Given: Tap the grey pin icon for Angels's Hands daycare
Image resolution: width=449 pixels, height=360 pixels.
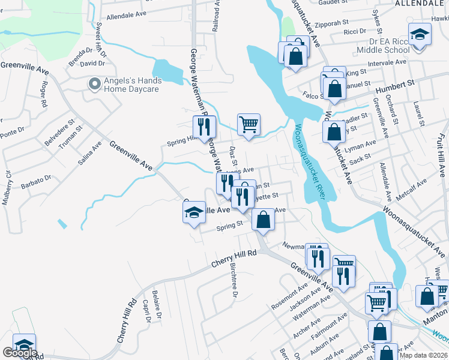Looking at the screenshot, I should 94,84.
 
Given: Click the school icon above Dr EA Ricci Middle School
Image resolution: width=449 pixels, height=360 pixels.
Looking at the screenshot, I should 420,34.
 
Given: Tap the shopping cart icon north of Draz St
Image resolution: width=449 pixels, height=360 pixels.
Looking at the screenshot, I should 249,124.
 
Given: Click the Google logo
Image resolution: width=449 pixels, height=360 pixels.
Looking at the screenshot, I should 19,353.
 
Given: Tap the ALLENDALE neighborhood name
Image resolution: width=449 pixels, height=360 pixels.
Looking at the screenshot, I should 419,4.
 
